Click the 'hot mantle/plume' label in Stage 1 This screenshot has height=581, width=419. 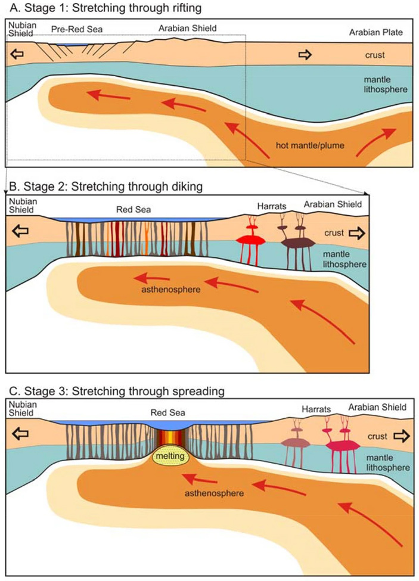point(311,145)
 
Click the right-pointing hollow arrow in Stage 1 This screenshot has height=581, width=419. point(305,55)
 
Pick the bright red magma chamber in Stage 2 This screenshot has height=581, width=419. point(250,240)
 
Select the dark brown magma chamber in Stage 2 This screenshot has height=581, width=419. point(298,242)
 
